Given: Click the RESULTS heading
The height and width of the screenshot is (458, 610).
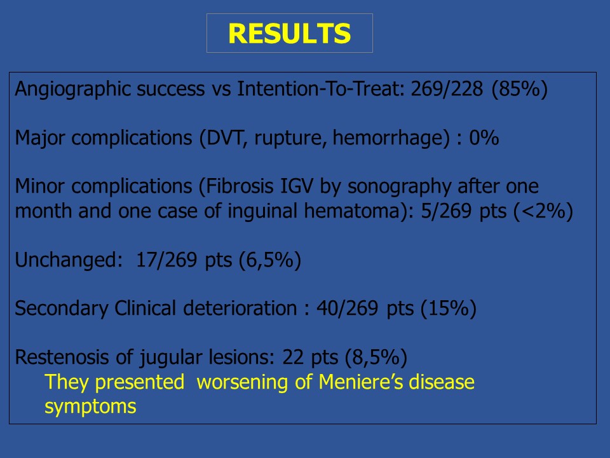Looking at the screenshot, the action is click(290, 34).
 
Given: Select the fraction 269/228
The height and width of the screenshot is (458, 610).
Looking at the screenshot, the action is click(447, 89).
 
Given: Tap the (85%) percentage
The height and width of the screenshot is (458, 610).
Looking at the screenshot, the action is click(520, 90).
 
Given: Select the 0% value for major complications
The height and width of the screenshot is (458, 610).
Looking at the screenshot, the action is click(484, 138).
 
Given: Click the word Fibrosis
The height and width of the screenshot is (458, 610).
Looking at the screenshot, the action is click(240, 186).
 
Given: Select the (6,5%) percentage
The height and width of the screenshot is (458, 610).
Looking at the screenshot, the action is click(270, 260).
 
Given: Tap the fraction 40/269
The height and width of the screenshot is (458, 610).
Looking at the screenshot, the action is click(347, 309).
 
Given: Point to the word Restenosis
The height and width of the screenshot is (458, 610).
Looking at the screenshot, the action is click(62, 357).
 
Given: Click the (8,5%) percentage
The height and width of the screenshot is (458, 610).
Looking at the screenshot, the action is click(376, 357).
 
